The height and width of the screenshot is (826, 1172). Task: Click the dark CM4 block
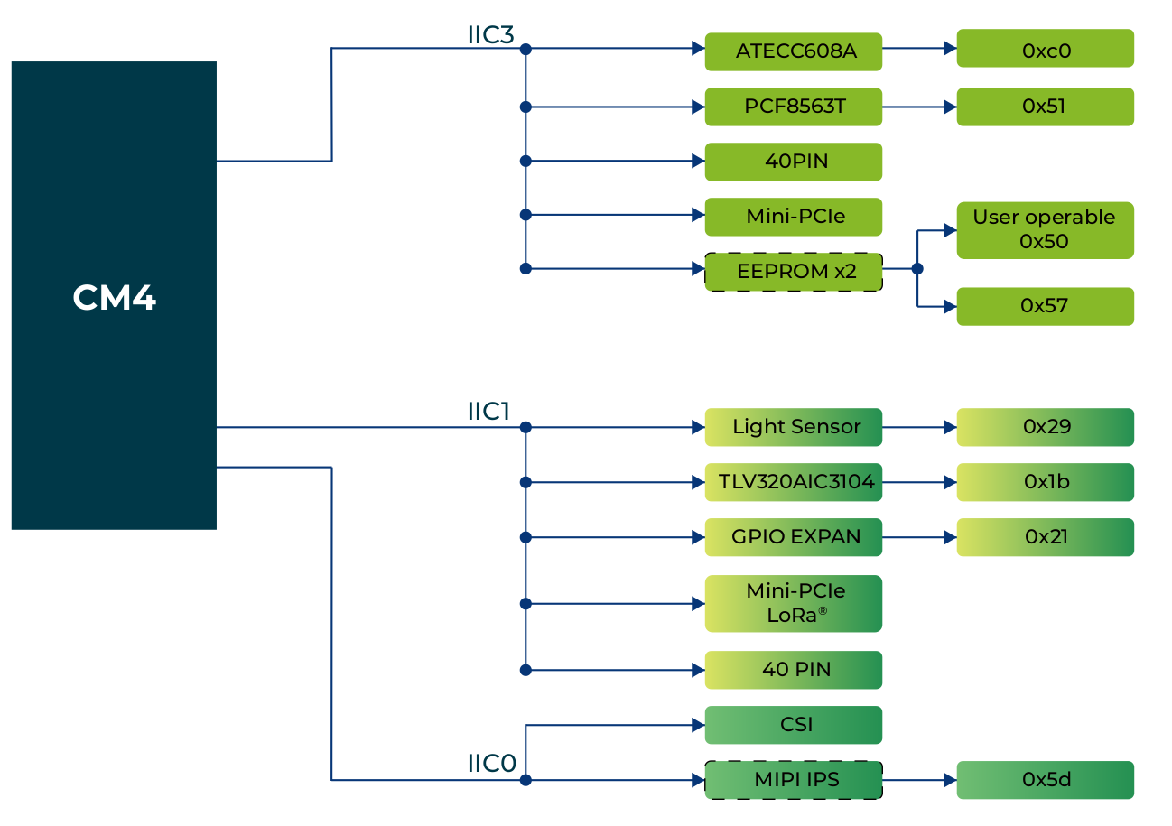tap(114, 295)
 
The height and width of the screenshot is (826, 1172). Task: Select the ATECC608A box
tap(793, 51)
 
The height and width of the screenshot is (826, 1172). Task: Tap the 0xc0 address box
tap(1045, 49)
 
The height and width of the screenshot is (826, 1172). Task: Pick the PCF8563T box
tap(793, 107)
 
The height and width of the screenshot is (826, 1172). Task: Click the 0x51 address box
tap(1045, 107)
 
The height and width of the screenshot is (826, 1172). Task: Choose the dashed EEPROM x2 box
tap(793, 271)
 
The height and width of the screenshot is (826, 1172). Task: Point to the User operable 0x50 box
tap(1045, 230)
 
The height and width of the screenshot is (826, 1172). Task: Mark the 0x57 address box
tap(1045, 306)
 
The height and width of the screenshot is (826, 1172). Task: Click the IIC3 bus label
tap(490, 36)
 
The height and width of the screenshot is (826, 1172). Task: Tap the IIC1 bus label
tap(488, 413)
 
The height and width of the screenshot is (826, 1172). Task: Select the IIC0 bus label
tap(491, 764)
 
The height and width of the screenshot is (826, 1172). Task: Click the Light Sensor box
tap(793, 427)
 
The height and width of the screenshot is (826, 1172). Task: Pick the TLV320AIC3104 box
tap(793, 482)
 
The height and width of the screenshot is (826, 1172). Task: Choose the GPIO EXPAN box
tap(793, 537)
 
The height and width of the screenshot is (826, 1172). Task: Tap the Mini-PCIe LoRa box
tap(793, 603)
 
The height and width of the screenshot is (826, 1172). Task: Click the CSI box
tap(793, 725)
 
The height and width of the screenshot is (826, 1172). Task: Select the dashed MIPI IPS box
tap(793, 780)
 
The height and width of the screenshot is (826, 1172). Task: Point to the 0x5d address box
tap(1045, 780)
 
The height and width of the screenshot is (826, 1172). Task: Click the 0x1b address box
tap(1045, 482)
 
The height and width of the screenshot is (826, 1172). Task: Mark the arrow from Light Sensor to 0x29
tap(919, 427)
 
